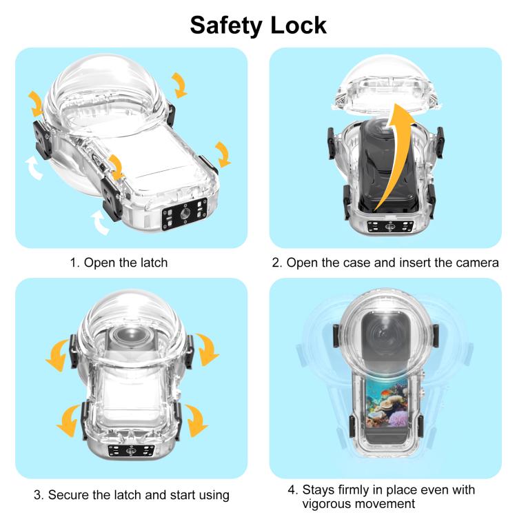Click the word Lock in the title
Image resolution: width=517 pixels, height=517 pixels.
coord(297,25)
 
